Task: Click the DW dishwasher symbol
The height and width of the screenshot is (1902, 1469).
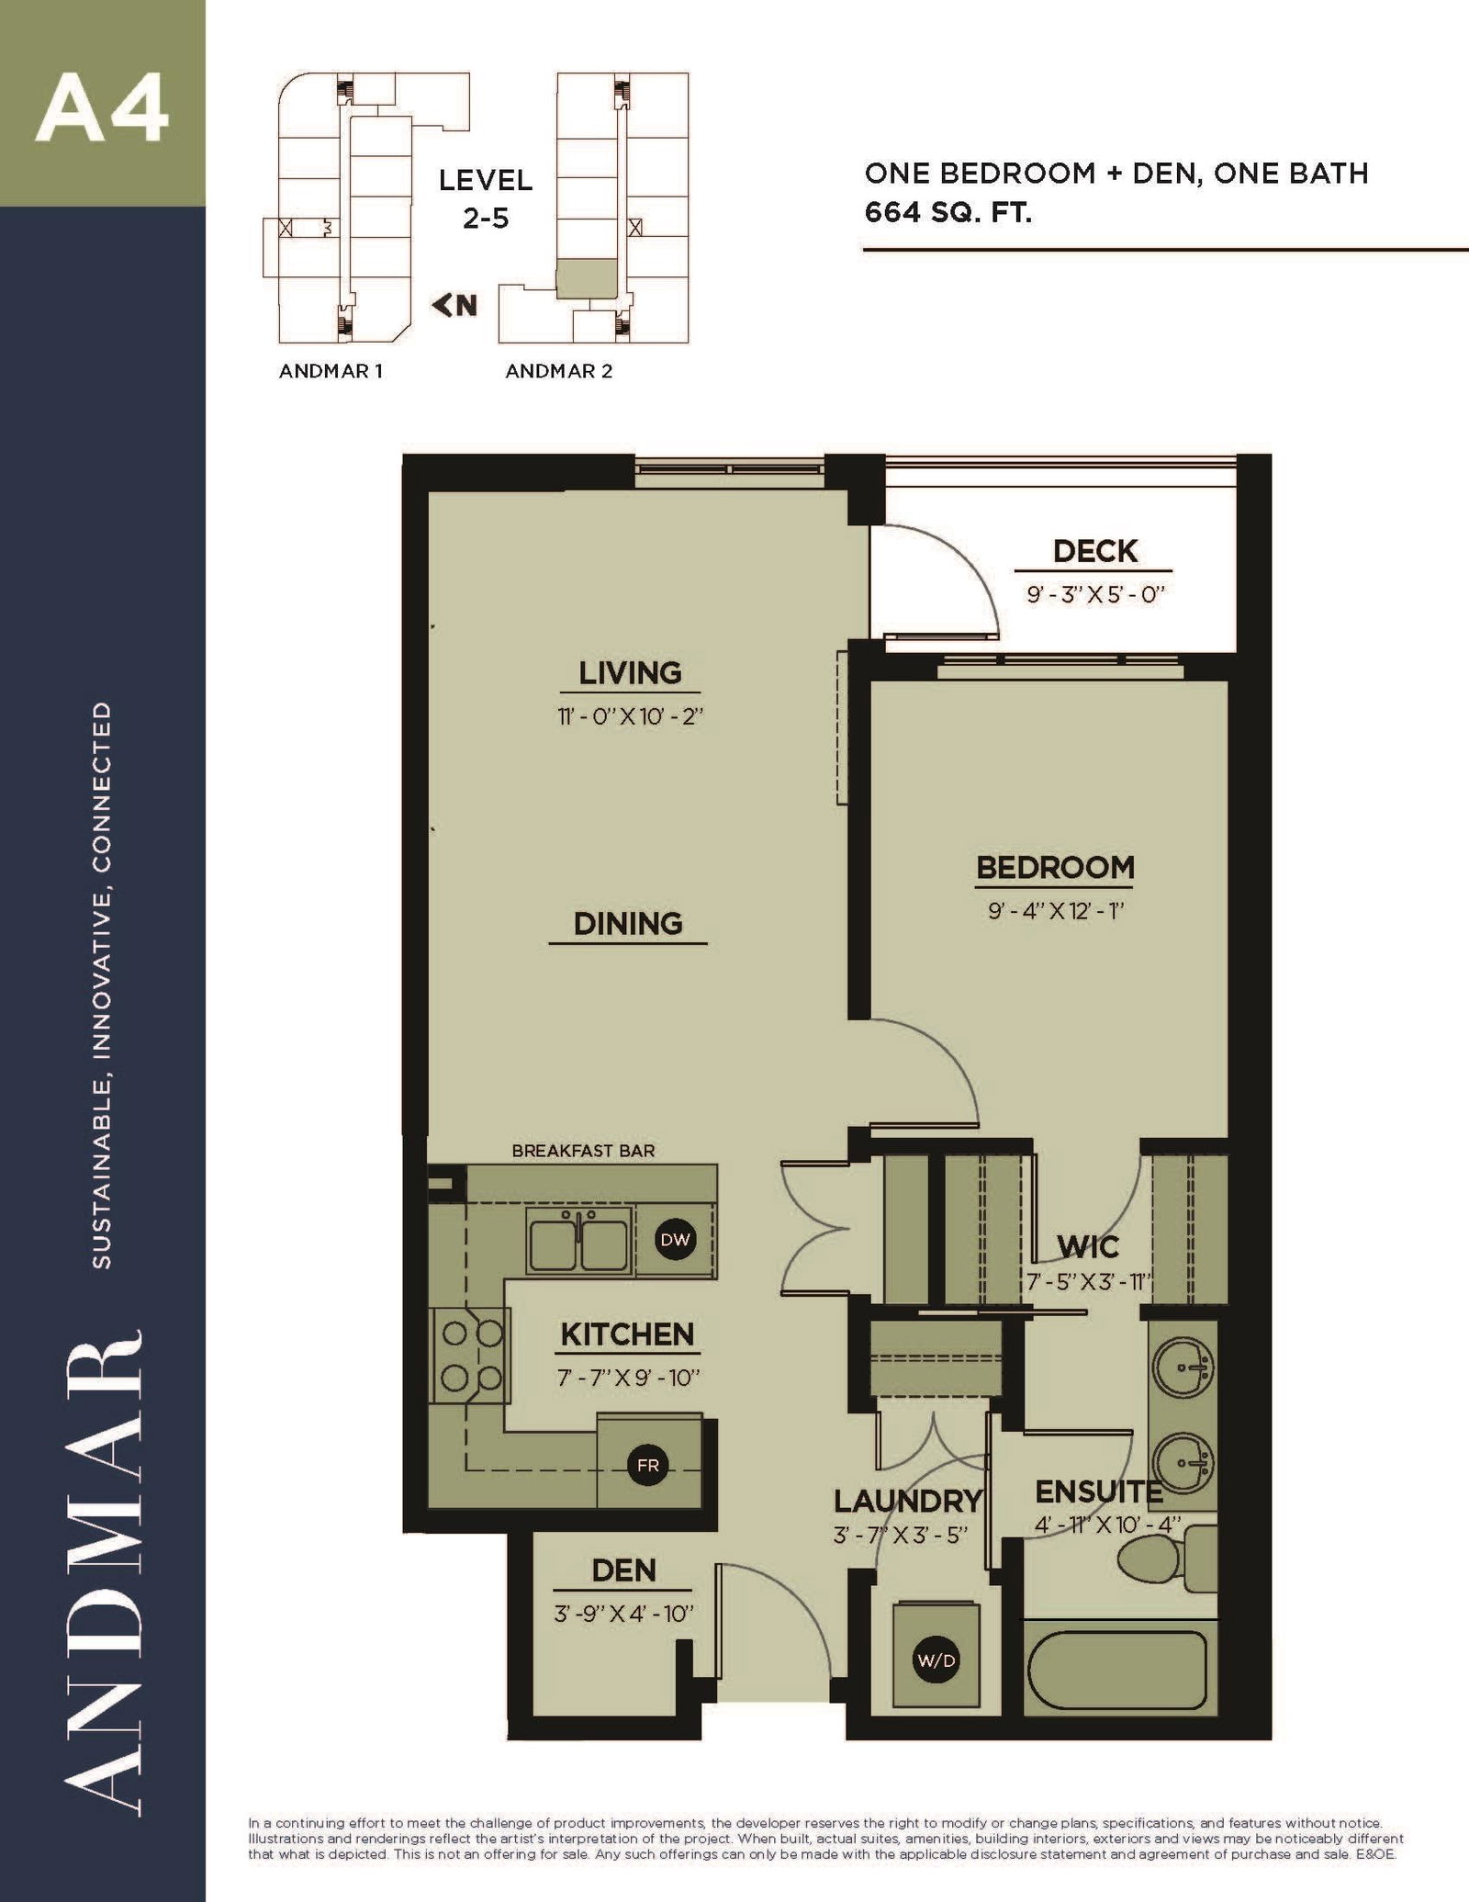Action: pyautogui.click(x=675, y=1240)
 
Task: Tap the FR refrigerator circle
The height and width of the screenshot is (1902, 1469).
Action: pyautogui.click(x=648, y=1465)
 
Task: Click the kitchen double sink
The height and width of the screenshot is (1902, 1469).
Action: pyautogui.click(x=578, y=1240)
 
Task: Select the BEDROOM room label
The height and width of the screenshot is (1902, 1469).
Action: pyautogui.click(x=1055, y=867)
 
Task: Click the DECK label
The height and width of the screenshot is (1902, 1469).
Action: pyautogui.click(x=1095, y=551)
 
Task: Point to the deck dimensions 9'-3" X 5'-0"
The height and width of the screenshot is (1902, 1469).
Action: pyautogui.click(x=1095, y=594)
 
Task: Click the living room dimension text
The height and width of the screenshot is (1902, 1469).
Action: pyautogui.click(x=630, y=716)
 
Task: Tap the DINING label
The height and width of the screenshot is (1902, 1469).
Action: pyautogui.click(x=628, y=923)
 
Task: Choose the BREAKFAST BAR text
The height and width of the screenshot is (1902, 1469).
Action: pyautogui.click(x=583, y=1150)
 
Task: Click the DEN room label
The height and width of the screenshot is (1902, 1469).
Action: pyautogui.click(x=623, y=1570)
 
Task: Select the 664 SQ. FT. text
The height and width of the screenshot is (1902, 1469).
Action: pyautogui.click(x=948, y=213)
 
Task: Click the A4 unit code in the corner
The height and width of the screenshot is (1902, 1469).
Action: pyautogui.click(x=102, y=109)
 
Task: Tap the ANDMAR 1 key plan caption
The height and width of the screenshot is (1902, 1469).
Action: pyautogui.click(x=331, y=371)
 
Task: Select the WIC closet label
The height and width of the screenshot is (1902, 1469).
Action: pyautogui.click(x=1088, y=1246)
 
